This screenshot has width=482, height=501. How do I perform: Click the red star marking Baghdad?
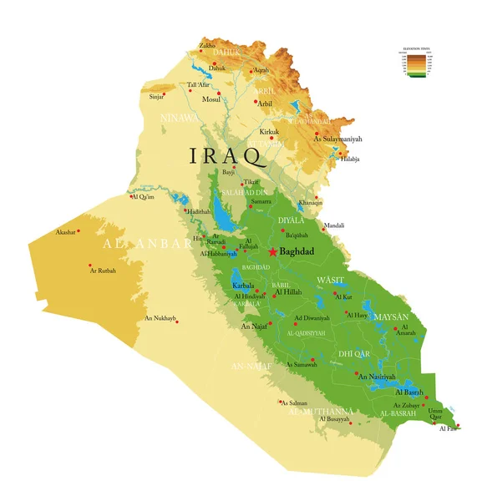pos(272,251)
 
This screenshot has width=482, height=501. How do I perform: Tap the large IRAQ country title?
pos(228,156)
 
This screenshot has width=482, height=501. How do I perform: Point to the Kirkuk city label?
pos(269,132)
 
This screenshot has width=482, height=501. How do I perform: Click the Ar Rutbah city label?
pos(104,271)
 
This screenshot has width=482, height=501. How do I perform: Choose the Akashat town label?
pos(67,231)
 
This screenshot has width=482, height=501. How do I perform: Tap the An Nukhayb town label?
pos(160,318)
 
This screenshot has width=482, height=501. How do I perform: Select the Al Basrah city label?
pos(409,392)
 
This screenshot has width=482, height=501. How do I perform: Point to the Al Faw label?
pos(449,428)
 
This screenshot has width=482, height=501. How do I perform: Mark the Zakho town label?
pos(206,45)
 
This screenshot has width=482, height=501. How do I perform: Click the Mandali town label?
pos(334,225)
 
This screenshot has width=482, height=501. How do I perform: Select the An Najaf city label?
pos(253,326)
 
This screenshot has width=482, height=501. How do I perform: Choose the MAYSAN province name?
pos(391,317)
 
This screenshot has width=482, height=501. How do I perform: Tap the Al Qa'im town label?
pos(145,197)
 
